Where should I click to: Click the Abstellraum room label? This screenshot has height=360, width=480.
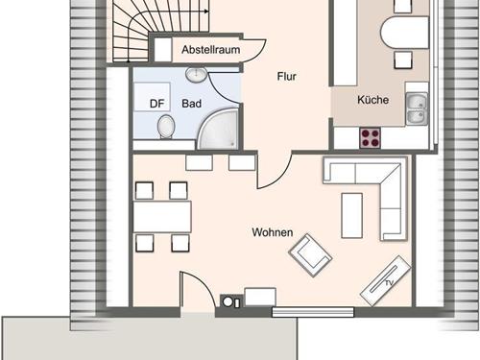pyautogui.click(x=211, y=50)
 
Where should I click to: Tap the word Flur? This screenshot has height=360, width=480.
pyautogui.click(x=287, y=77)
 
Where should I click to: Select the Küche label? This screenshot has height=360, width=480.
pyautogui.click(x=373, y=100)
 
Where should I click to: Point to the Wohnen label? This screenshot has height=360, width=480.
pyautogui.click(x=273, y=232)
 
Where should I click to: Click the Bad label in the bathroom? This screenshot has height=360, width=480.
pyautogui.click(x=191, y=104)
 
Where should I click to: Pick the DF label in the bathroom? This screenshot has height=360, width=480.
pyautogui.click(x=156, y=104)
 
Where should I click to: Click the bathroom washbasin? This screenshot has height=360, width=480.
pyautogui.click(x=197, y=75)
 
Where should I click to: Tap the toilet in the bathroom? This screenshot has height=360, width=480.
pyautogui.click(x=166, y=127)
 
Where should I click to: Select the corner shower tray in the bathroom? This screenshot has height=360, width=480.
pyautogui.click(x=218, y=129)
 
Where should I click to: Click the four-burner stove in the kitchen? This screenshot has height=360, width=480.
pyautogui.click(x=371, y=138)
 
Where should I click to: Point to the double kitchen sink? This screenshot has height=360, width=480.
pyautogui.click(x=417, y=108)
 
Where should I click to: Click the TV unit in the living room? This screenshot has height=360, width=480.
pyautogui.click(x=385, y=281)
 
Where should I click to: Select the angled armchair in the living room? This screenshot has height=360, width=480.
pyautogui.click(x=310, y=255)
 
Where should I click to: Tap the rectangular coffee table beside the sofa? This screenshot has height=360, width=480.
pyautogui.click(x=352, y=215)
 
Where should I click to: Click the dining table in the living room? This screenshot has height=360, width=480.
pyautogui.click(x=162, y=216)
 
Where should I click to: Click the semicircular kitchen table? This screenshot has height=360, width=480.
pyautogui.click(x=404, y=33)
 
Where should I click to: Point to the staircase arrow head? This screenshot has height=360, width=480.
pyautogui.click(x=206, y=12)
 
